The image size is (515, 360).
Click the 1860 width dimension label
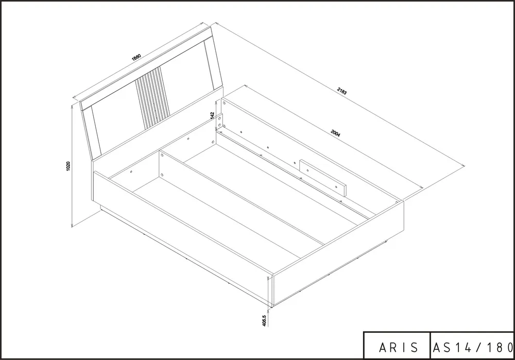(136, 57)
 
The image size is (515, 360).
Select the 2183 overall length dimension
(342, 91)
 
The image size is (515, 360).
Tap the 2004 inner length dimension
(336, 133)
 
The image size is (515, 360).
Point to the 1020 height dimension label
(68, 166)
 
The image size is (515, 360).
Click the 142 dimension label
(213, 115)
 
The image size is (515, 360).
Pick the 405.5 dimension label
(264, 320)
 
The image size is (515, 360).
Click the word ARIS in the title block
(399, 347)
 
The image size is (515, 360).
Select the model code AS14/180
(473, 347)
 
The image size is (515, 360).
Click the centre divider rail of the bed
(242, 197)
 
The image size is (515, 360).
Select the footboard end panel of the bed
(338, 253)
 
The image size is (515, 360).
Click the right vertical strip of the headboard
(214, 64)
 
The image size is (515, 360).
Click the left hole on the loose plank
(308, 170)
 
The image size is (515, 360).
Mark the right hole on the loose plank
(337, 186)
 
